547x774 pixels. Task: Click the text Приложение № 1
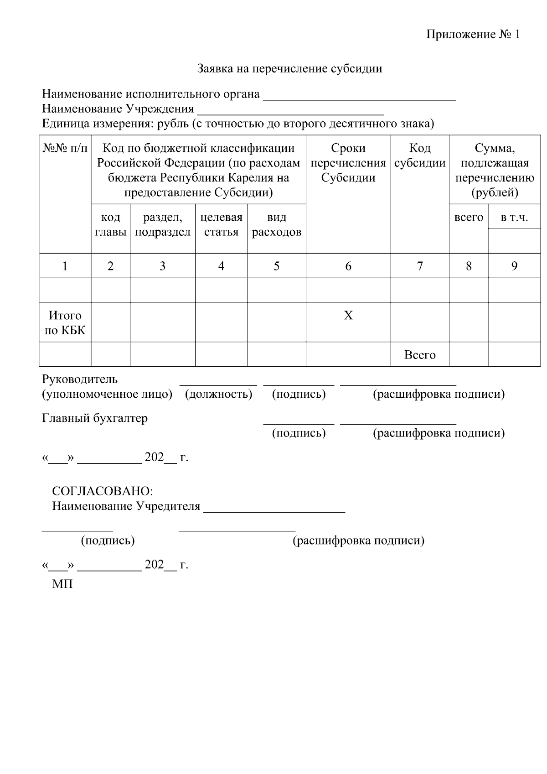(473, 35)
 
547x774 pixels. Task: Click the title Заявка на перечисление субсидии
(289, 69)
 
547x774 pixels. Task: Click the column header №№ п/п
(65, 148)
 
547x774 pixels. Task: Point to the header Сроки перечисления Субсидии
(348, 163)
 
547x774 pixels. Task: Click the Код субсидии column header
(419, 156)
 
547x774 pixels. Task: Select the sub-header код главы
(110, 225)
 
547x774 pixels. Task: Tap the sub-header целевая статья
(221, 225)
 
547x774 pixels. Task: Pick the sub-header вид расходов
(276, 225)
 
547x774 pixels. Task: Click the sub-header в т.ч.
(514, 218)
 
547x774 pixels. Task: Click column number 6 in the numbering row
(348, 266)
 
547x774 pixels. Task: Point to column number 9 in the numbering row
(514, 266)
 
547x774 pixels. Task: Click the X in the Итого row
(348, 316)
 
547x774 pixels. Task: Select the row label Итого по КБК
(65, 323)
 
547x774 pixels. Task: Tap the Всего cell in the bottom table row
(419, 355)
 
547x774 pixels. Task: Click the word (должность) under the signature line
(218, 394)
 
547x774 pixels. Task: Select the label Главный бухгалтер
(95, 418)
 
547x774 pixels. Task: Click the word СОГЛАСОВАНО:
(103, 491)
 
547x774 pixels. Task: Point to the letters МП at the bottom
(62, 584)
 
